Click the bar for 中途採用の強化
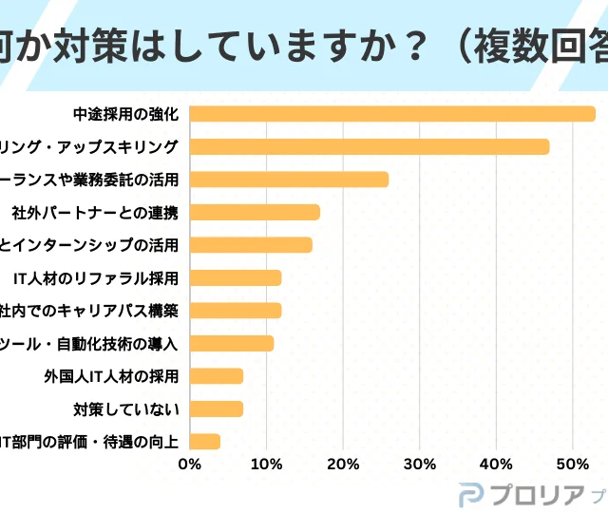[x=392, y=114]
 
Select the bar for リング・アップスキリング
[x=370, y=146]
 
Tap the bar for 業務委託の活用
[x=289, y=179]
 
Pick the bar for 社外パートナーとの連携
[x=255, y=212]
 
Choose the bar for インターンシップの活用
[x=251, y=245]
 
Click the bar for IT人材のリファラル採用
[x=236, y=277]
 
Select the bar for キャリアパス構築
[x=236, y=311]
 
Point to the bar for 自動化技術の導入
[x=232, y=343]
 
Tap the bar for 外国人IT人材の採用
[x=217, y=376]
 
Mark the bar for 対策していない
[x=217, y=408]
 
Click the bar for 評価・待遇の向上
[x=205, y=442]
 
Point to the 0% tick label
[x=189, y=464]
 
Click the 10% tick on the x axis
[x=267, y=464]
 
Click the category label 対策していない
[x=125, y=409]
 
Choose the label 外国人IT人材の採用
[x=111, y=376]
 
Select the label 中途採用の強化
[x=125, y=114]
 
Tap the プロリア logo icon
[x=471, y=495]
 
